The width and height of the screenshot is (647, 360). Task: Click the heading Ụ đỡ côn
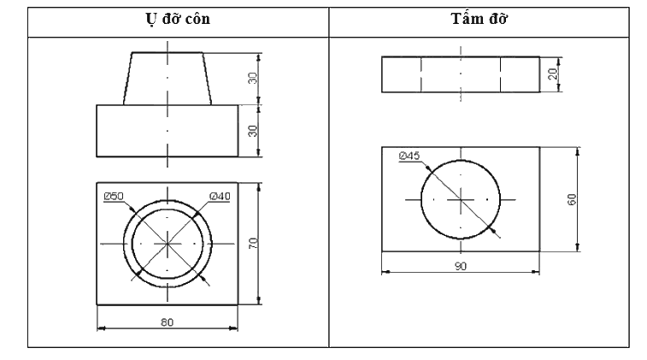point(178,20)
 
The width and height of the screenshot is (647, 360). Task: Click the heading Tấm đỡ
point(479,19)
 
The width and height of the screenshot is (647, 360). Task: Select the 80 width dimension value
point(168,322)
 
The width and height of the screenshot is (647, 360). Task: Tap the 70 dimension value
point(253,243)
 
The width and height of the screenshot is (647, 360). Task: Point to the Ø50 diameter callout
point(114,196)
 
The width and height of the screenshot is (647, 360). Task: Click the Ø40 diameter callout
point(220,196)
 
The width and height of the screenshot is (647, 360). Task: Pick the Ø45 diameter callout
point(409,156)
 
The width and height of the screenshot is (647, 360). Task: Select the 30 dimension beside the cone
point(252,78)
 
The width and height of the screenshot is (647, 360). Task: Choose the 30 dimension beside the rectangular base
point(252,131)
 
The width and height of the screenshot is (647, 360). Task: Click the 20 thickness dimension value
point(554,74)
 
